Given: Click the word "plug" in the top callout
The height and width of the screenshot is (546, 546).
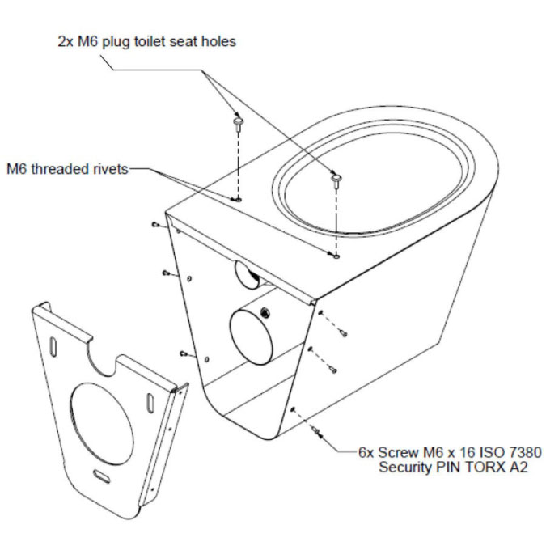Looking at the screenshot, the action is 116,43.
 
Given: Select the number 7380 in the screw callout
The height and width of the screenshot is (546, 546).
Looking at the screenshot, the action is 525,452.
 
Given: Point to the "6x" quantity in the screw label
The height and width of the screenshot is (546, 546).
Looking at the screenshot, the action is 366,453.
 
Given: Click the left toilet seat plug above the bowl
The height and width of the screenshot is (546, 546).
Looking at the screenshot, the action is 238,125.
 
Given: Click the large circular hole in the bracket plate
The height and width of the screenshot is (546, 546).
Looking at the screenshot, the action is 102,424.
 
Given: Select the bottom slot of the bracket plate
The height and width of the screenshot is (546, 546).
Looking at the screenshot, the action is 102,476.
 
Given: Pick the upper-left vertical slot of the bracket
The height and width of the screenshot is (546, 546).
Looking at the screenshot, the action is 53,347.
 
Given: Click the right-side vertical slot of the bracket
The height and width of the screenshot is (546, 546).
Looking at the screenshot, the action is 150,404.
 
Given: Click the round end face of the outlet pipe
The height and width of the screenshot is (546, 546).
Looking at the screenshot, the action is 252,337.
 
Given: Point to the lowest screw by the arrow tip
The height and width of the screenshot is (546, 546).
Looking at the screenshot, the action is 317,432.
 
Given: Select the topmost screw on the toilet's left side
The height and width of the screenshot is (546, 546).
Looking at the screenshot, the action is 155,225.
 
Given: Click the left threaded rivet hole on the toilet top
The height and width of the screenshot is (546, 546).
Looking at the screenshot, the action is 235,200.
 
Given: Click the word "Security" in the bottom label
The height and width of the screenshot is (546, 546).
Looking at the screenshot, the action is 406,468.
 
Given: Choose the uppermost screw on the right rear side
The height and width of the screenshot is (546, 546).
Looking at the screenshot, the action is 343,333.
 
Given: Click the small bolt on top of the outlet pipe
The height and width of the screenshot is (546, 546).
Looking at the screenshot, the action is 265,311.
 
